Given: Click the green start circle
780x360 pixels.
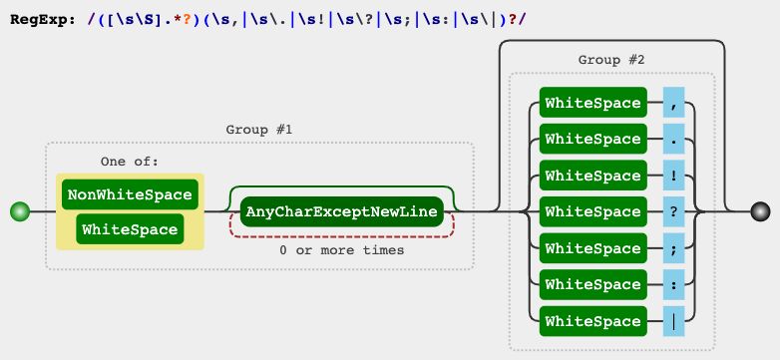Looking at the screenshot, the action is coord(19,211).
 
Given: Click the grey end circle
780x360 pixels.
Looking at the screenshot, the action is coord(761,211).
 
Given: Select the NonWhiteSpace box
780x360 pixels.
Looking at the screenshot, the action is coord(129,194).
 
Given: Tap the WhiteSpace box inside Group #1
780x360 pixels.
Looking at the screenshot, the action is coord(129,230).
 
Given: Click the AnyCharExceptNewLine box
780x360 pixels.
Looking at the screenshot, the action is coord(342,212).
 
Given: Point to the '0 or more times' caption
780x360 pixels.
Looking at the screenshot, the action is coord(342,249).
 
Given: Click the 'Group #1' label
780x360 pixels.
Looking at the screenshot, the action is coord(259,130).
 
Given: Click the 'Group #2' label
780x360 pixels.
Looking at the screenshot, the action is coord(611,60).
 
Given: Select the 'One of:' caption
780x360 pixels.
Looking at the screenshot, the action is coord(130,161).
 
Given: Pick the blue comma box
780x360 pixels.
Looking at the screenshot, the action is coord(674,102).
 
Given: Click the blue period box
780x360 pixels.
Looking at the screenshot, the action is coord(674,139).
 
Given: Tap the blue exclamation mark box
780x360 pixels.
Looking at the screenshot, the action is coord(674,176).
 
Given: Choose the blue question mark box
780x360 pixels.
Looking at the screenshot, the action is coord(674,211).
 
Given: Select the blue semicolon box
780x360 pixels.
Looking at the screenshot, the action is coord(674,248).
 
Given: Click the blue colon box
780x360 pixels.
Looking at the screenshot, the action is coord(674,284).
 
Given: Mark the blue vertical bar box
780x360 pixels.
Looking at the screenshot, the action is coord(674,321).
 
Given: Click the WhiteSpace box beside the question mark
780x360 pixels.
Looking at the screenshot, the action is coord(592,211).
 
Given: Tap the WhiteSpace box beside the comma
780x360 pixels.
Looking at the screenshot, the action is coord(592,102).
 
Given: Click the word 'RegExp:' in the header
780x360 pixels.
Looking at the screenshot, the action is coord(40,19).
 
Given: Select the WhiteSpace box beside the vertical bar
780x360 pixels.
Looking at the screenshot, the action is coord(592,321).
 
